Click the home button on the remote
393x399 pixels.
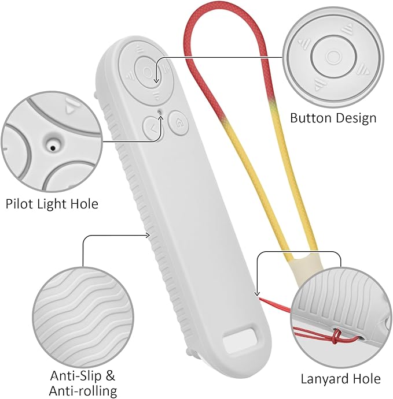click(179, 123)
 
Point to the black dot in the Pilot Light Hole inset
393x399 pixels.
click(53, 148)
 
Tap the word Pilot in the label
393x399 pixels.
click(20, 204)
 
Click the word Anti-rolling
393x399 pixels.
click(83, 391)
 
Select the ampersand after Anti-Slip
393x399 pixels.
click(110, 375)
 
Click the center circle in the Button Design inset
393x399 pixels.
click(333, 57)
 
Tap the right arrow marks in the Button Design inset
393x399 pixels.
click(363, 69)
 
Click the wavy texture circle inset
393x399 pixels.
click(83, 317)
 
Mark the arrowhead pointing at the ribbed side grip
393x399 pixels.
click(148, 236)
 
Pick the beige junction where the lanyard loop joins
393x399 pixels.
click(305, 267)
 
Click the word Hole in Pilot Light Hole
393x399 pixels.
click(85, 204)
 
